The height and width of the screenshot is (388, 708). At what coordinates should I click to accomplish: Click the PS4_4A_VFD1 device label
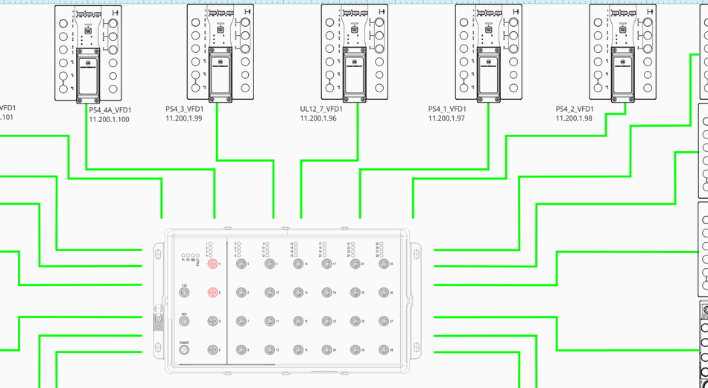pyautogui.click(x=109, y=109)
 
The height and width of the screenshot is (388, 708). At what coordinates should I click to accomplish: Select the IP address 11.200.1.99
pyautogui.click(x=184, y=118)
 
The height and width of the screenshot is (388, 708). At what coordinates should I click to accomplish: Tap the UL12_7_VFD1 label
pyautogui.click(x=320, y=109)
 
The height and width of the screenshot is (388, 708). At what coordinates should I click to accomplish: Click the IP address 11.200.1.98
pyautogui.click(x=574, y=118)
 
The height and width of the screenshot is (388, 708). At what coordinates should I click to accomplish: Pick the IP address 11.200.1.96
pyautogui.click(x=319, y=118)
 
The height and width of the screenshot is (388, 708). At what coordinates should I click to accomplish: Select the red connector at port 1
pyautogui.click(x=212, y=264)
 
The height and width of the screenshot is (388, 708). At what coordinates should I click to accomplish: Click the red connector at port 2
pyautogui.click(x=212, y=293)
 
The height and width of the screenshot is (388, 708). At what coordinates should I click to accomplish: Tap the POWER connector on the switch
pyautogui.click(x=184, y=349)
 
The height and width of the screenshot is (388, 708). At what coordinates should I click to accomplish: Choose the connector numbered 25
pyautogui.click(x=382, y=264)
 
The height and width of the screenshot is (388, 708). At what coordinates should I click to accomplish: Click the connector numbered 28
pyautogui.click(x=382, y=349)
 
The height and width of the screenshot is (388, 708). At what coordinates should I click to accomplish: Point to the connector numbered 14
pyautogui.click(x=297, y=293)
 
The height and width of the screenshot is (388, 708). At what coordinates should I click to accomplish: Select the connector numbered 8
pyautogui.click(x=240, y=349)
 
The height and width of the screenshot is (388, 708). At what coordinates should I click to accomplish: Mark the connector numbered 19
pyautogui.click(x=326, y=321)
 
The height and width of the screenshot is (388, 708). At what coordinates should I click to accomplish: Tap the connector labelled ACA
pyautogui.click(x=184, y=321)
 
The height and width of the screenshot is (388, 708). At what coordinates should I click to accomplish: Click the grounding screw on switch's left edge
pyautogui.click(x=158, y=321)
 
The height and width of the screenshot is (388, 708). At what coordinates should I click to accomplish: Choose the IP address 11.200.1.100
pyautogui.click(x=110, y=118)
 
